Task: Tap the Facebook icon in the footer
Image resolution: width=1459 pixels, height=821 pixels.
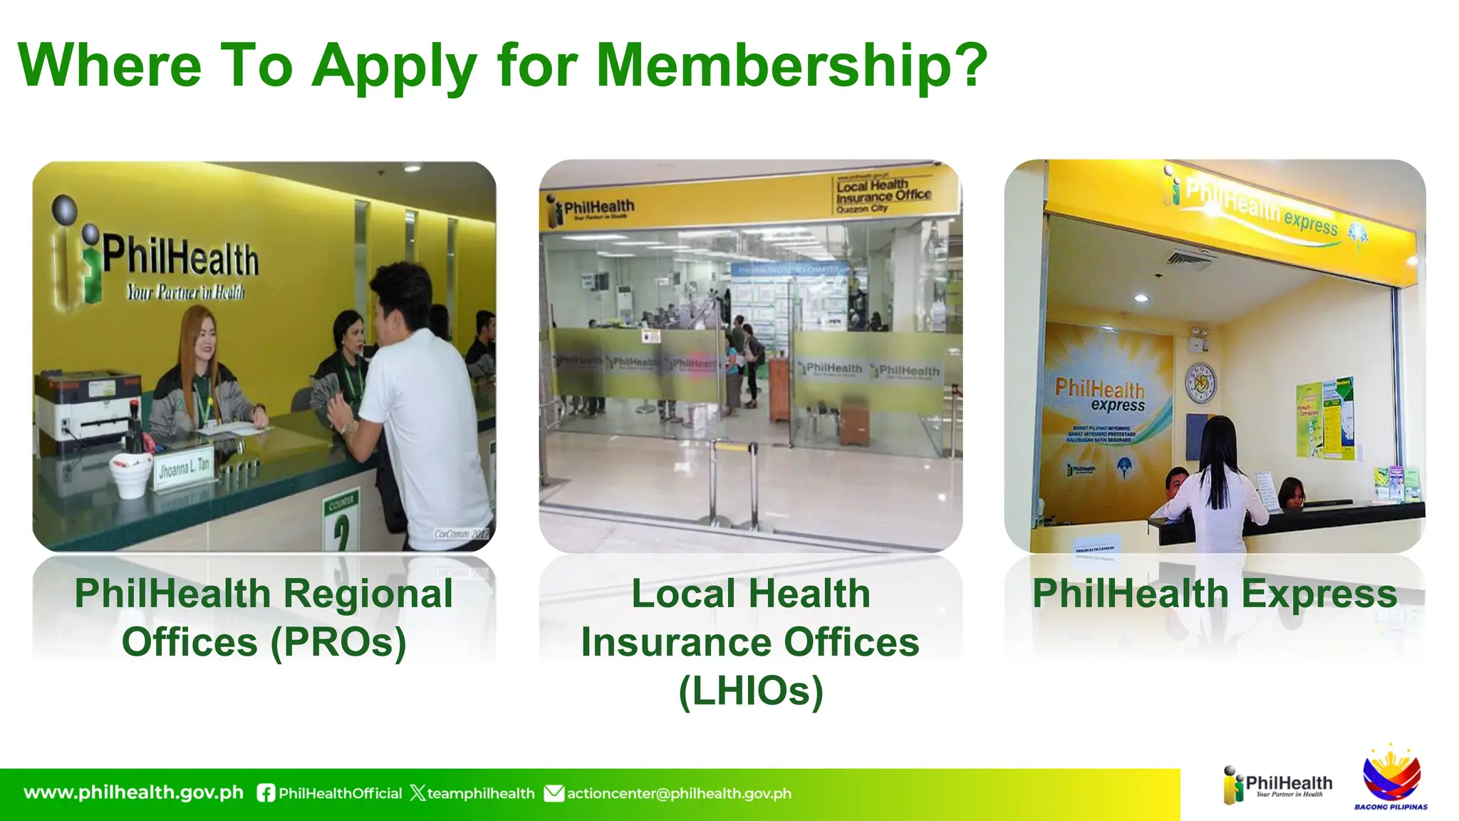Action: coord(266,793)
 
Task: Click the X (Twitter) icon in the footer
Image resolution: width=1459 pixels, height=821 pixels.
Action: coord(417,793)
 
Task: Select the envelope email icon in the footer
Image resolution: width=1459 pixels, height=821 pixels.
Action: coord(554,793)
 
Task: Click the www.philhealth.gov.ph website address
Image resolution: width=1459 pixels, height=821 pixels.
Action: coord(133,792)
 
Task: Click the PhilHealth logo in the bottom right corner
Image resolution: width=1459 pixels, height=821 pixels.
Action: coord(1277,785)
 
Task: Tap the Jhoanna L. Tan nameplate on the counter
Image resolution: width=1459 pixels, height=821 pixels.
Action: coord(184,468)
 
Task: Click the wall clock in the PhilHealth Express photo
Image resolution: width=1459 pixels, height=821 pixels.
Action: coord(1200,383)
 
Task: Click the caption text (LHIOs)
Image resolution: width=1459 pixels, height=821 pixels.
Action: coord(750,691)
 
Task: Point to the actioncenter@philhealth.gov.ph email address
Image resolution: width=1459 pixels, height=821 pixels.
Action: coord(679,793)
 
